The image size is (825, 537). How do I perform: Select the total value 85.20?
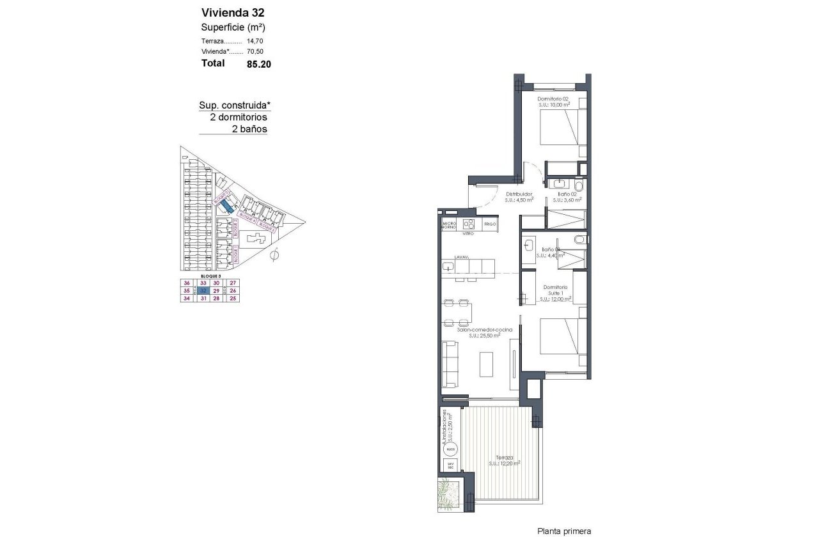click(x=259, y=64)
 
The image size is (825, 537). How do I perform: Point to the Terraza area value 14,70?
click(x=255, y=40)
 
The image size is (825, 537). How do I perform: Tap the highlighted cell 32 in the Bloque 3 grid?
click(x=203, y=290)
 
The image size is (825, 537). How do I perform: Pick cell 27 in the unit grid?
click(x=233, y=283)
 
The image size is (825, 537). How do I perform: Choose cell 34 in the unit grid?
click(x=187, y=298)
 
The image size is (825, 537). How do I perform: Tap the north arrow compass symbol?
click(x=274, y=256)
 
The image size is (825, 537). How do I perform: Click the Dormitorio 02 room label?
click(x=553, y=99)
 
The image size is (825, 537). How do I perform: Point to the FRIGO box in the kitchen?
click(x=490, y=224)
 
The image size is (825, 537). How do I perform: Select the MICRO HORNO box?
click(x=448, y=224)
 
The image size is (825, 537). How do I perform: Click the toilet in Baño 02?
click(x=579, y=185)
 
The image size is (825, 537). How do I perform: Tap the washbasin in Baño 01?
click(x=530, y=245)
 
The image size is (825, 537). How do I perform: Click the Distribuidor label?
click(x=519, y=194)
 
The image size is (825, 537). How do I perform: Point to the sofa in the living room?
click(x=449, y=364)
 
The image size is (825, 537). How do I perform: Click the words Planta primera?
click(x=564, y=531)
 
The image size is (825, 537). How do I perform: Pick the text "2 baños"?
click(x=249, y=128)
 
